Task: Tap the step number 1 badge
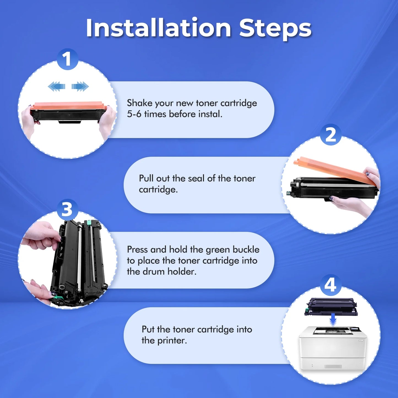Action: click(x=67, y=59)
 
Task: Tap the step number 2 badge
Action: click(x=331, y=135)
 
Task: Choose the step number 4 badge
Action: click(x=331, y=285)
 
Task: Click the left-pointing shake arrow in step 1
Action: click(x=56, y=86)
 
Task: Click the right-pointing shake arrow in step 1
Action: click(x=80, y=86)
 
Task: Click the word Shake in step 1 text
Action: click(x=140, y=103)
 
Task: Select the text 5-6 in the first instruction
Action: click(x=134, y=114)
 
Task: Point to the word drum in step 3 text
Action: click(x=153, y=272)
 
